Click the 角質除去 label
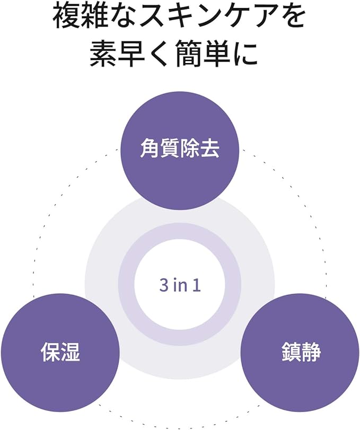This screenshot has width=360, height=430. (180, 149)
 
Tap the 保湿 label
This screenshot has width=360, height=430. (60, 352)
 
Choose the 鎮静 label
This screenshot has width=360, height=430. (301, 352)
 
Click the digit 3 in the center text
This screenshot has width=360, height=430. (163, 285)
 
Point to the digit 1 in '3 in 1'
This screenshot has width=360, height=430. (197, 285)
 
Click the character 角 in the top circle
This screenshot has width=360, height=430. (150, 149)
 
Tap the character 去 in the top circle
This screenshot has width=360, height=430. (210, 149)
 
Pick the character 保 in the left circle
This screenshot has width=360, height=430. (50, 352)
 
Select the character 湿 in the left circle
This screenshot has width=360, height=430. (70, 352)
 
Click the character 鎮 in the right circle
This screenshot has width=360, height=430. (291, 352)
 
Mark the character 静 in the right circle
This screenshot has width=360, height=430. (311, 352)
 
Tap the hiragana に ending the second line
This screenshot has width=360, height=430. (245, 54)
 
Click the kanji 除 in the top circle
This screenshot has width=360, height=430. (190, 149)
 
